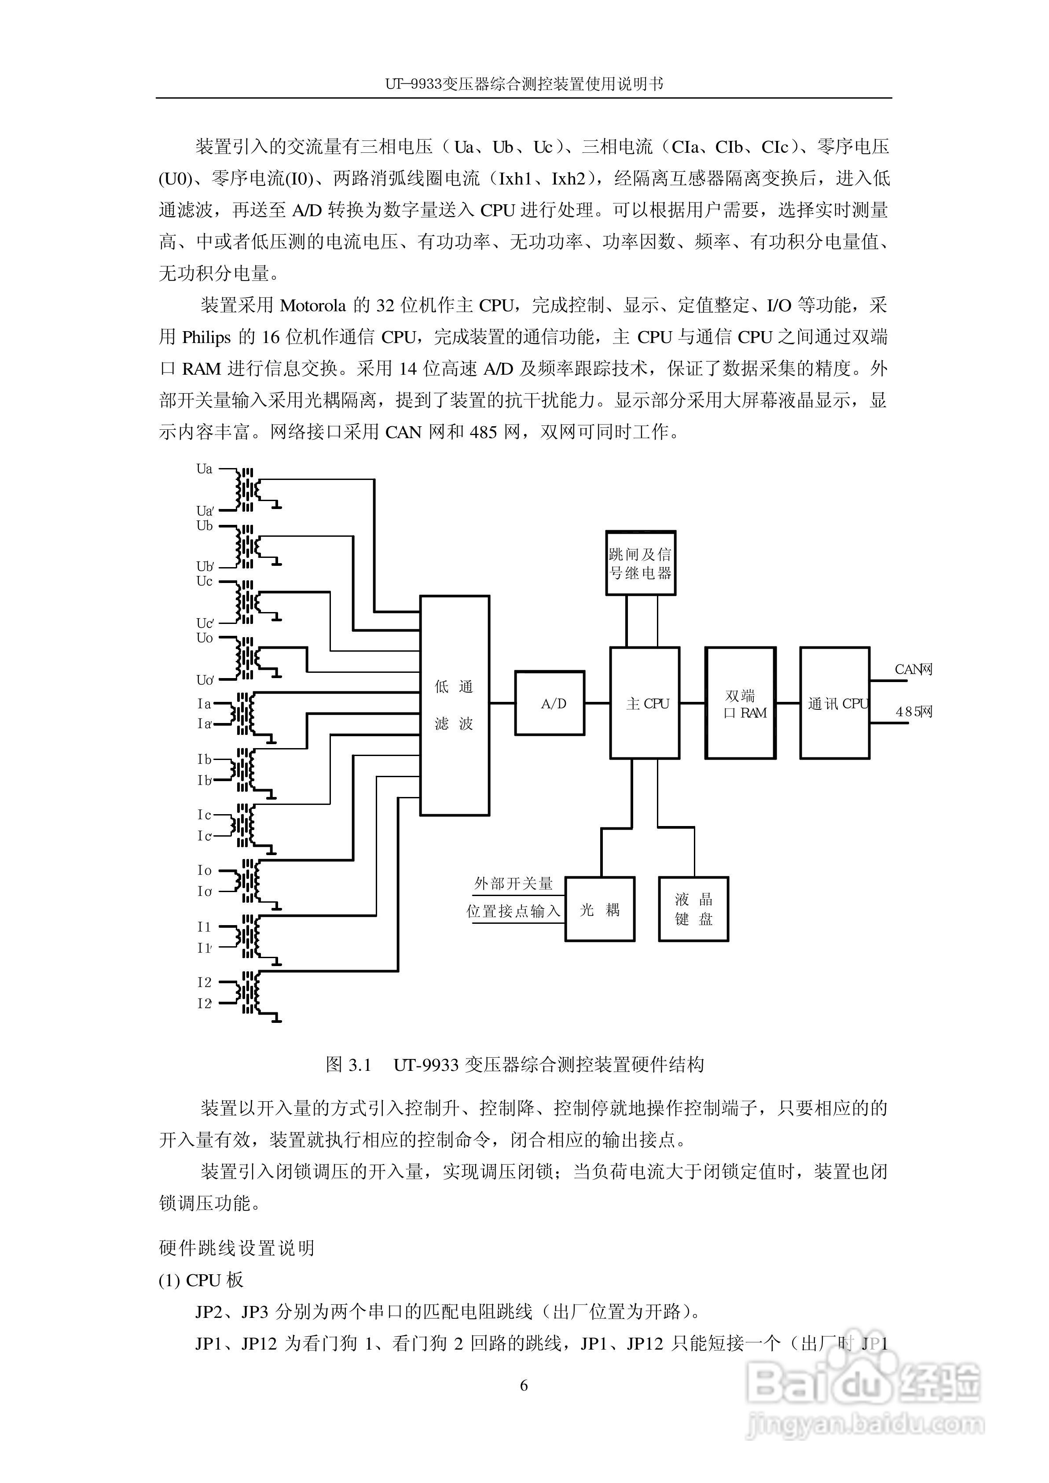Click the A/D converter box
click(549, 703)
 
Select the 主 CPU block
click(645, 703)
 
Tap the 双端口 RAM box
click(740, 703)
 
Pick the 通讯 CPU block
click(835, 703)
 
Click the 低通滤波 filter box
click(455, 705)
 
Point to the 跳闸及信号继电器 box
click(640, 563)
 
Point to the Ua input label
click(204, 469)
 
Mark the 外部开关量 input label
click(513, 883)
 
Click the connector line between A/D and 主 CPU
click(598, 703)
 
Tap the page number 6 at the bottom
click(524, 1385)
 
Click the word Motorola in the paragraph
click(313, 305)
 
